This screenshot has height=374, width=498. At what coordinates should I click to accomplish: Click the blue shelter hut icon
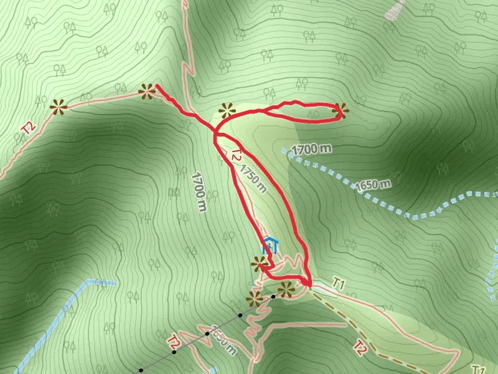click(270, 245)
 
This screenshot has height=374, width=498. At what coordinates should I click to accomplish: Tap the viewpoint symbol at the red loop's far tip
click(340, 111)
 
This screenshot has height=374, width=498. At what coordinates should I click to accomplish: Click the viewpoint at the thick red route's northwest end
click(148, 92)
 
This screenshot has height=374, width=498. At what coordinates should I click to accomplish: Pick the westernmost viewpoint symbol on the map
click(59, 107)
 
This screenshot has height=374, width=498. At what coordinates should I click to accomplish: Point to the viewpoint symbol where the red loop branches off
click(226, 112)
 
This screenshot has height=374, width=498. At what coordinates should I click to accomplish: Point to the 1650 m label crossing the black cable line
click(222, 340)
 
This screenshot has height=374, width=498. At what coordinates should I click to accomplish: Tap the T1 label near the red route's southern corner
click(339, 282)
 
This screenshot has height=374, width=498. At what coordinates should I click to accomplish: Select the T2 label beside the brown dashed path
click(360, 347)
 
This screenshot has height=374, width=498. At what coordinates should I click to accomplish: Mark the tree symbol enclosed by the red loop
click(313, 115)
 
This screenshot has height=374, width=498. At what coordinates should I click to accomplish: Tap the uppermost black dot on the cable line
click(273, 296)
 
